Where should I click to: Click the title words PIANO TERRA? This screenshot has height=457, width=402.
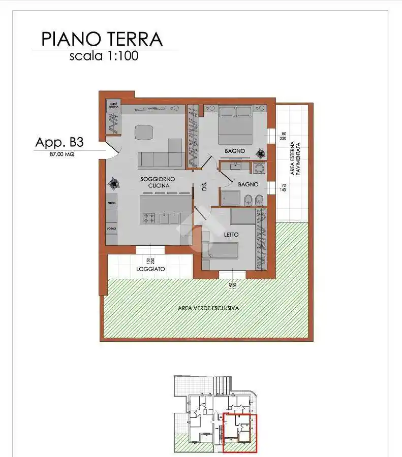pyautogui.click(x=102, y=39)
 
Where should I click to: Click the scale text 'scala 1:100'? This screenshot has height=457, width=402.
pyautogui.click(x=104, y=56)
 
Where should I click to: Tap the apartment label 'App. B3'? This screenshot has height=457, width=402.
pyautogui.click(x=59, y=142)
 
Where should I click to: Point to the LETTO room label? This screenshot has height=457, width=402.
pyautogui.click(x=232, y=235)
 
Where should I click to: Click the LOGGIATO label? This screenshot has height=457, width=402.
pyautogui.click(x=150, y=269)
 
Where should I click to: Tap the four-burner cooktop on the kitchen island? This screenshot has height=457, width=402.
pyautogui.click(x=149, y=218)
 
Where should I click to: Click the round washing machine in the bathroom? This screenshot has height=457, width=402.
pyautogui.click(x=259, y=169)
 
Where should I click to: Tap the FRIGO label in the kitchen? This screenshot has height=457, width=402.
pyautogui.click(x=111, y=203)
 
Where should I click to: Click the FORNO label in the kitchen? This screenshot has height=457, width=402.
pyautogui.click(x=111, y=229)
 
